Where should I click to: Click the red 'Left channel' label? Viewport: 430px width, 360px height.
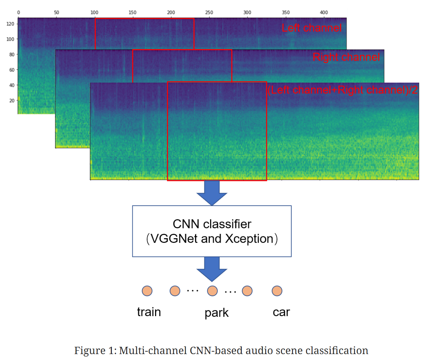[x=312, y=28]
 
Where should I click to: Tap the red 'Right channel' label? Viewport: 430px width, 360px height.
[x=346, y=57]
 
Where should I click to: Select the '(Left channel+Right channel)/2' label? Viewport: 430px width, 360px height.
[x=342, y=90]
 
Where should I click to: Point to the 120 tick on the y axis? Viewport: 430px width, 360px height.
[x=10, y=24]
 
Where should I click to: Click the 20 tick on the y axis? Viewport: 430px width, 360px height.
[x=11, y=101]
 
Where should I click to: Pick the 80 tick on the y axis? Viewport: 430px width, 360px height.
[x=11, y=55]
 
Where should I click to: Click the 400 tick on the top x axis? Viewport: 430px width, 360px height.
[x=324, y=13]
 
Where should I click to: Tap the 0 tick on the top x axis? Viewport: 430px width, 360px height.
[x=18, y=13]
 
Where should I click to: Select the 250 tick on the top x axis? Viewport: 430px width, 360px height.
[x=209, y=13]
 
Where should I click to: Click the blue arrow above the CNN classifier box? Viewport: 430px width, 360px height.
[x=212, y=193]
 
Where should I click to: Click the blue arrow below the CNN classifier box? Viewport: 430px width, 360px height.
[x=212, y=269]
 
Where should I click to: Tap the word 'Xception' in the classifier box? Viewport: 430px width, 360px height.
[x=249, y=239]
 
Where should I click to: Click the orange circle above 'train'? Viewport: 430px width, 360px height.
[x=147, y=291]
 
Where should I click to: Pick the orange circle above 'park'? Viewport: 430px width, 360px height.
[x=212, y=291]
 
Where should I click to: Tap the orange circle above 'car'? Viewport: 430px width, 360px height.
[x=277, y=291]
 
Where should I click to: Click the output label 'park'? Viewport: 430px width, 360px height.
[x=216, y=313]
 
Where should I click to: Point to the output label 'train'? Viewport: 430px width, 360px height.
[x=149, y=312]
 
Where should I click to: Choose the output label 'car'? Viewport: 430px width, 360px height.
[x=281, y=312]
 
